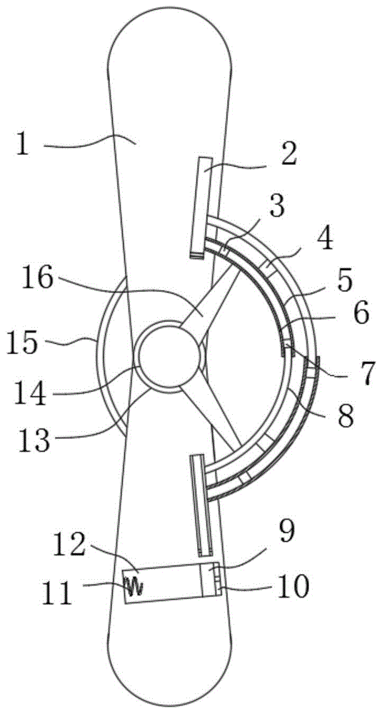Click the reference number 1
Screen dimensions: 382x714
(23, 145)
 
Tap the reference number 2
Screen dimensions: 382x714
(288, 155)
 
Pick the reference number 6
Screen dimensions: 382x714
(360, 315)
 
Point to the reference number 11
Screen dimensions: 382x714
(57, 592)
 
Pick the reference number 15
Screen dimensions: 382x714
(24, 342)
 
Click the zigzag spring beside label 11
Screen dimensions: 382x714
(133, 585)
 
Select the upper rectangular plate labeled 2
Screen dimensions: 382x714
(201, 207)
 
